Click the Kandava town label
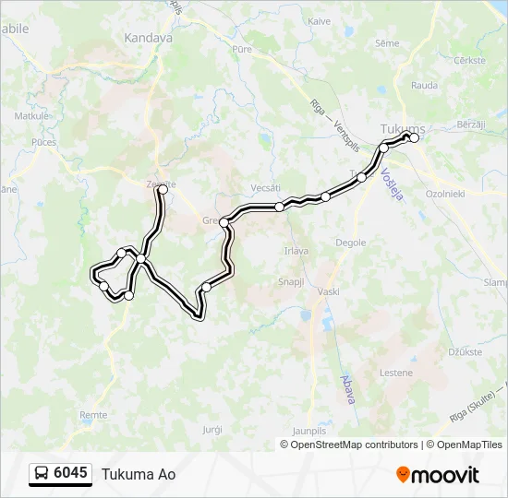point(148,39)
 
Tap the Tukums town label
point(403,128)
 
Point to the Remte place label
point(94,416)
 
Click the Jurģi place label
point(212,429)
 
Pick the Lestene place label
point(395,373)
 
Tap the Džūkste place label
point(464,350)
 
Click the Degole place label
point(351,243)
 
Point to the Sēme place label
point(387,42)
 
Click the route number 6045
point(70,473)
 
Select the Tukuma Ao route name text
point(139,474)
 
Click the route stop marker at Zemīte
point(163,189)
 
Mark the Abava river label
point(348,386)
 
